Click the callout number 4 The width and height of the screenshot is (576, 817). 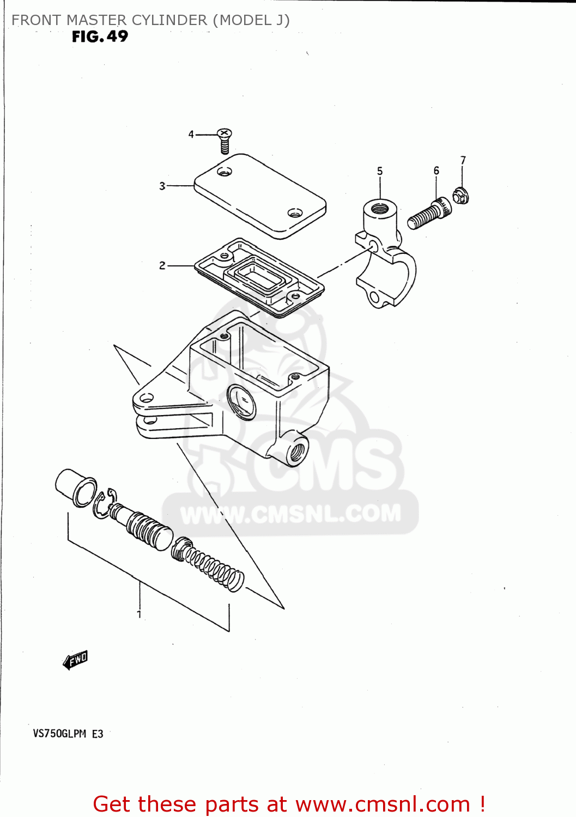[x=191, y=134]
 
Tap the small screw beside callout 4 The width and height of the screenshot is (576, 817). [x=225, y=141]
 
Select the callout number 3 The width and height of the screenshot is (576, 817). [x=162, y=186]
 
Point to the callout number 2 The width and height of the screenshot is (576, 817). [x=162, y=265]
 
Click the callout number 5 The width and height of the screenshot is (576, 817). [x=380, y=171]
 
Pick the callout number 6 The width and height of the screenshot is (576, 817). [x=436, y=170]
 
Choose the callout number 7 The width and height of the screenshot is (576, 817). [x=463, y=160]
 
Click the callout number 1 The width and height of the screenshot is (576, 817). [x=140, y=614]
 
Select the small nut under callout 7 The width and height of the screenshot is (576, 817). [x=461, y=195]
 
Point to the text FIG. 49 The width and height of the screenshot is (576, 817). [x=100, y=36]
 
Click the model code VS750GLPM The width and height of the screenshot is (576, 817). [x=59, y=733]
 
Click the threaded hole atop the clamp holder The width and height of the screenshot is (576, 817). [x=379, y=208]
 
